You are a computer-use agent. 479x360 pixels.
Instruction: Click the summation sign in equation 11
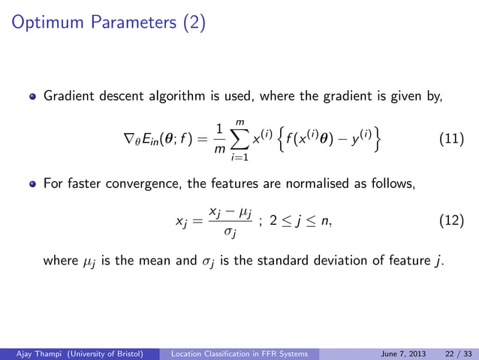(239, 139)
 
